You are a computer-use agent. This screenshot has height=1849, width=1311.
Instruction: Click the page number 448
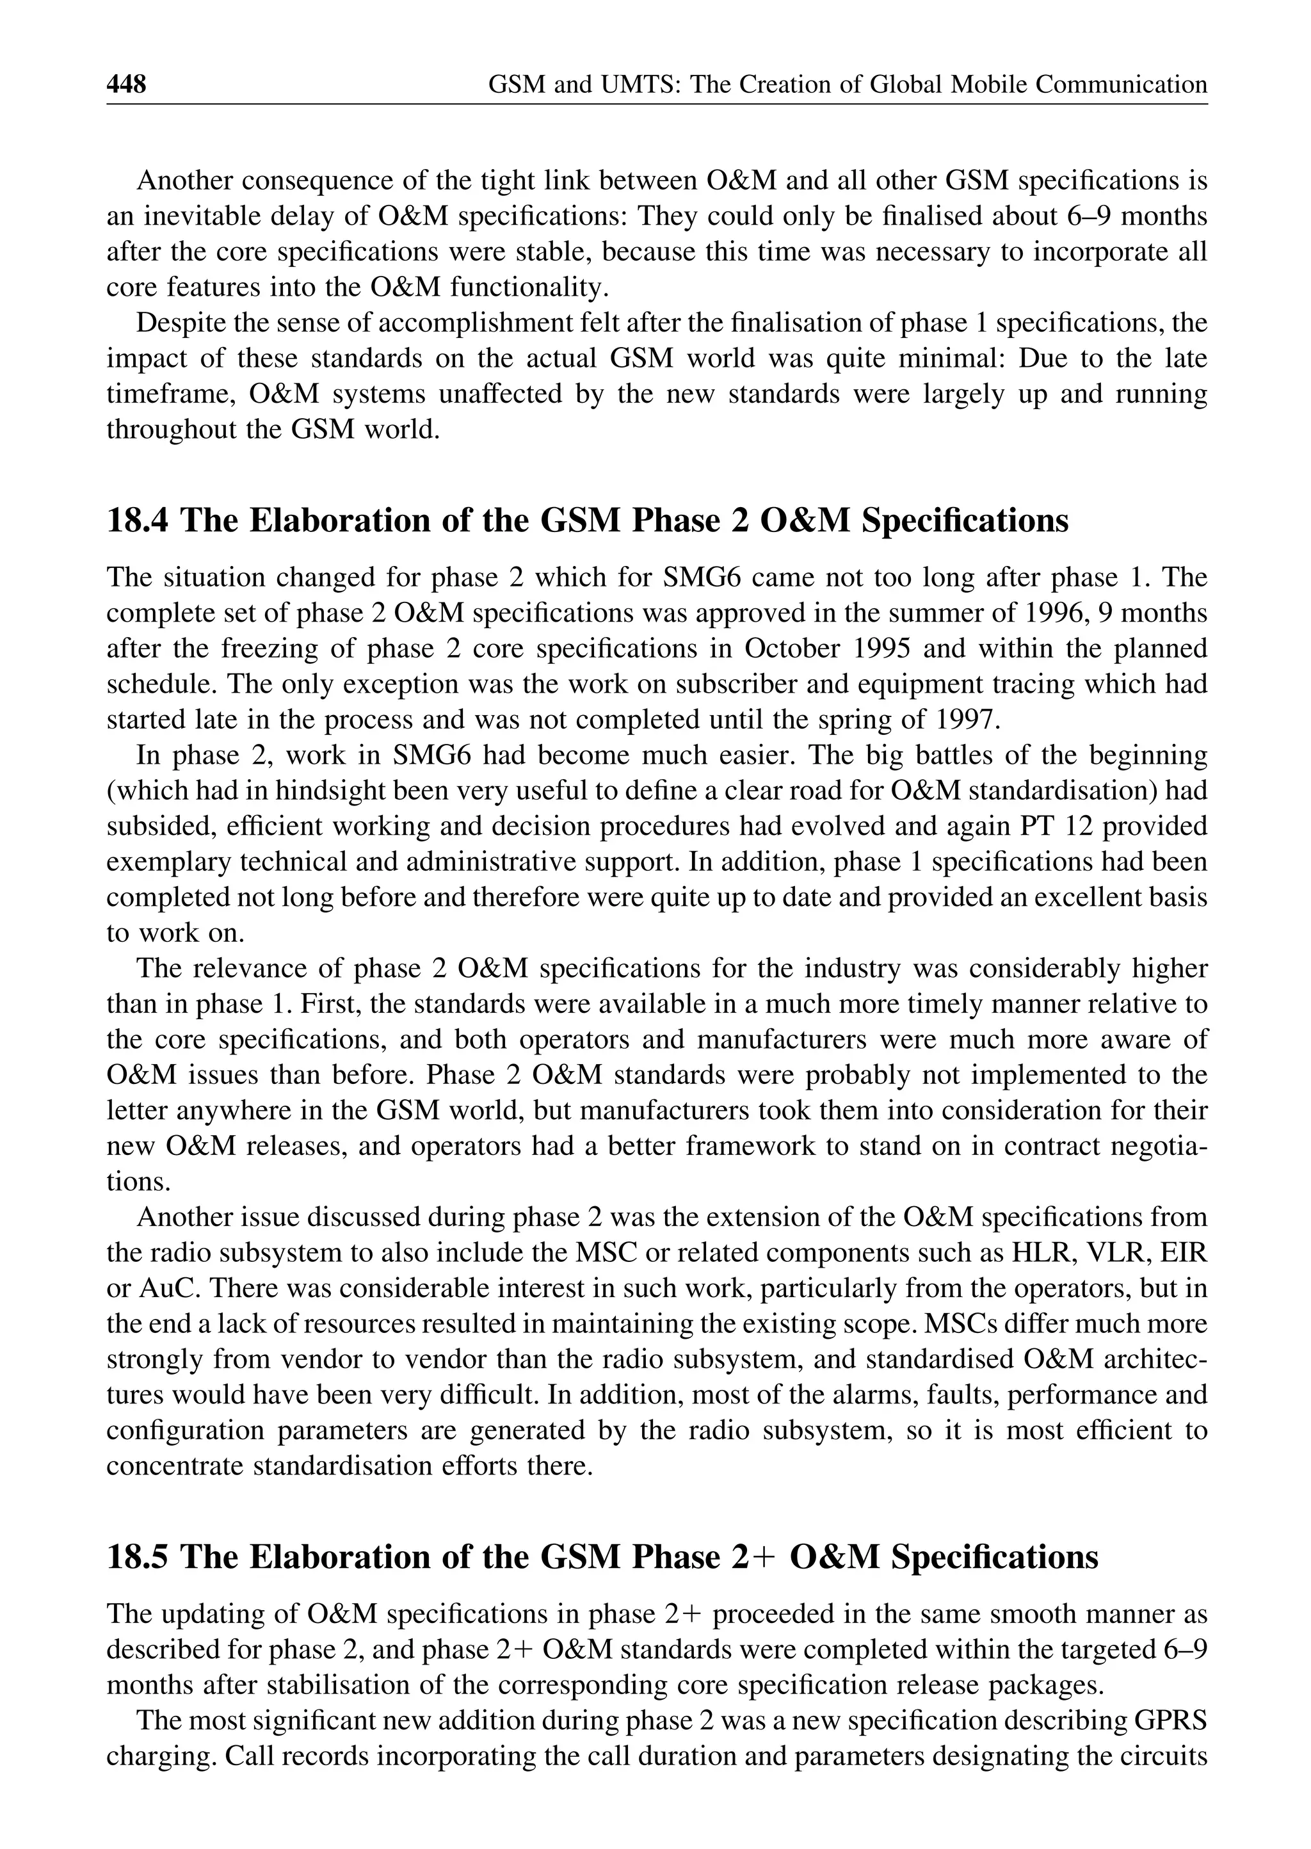[127, 84]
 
